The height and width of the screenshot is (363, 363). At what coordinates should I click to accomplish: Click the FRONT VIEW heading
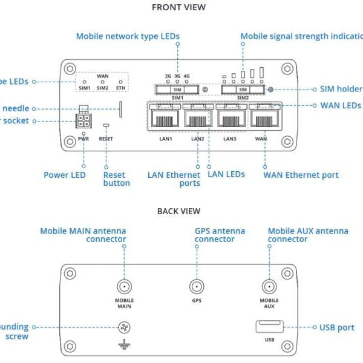[x=178, y=8]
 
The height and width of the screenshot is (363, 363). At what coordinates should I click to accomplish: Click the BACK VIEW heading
[x=178, y=211]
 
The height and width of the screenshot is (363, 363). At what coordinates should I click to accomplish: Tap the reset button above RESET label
[x=106, y=126]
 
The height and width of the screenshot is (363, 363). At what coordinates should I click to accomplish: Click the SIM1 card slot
[x=177, y=90]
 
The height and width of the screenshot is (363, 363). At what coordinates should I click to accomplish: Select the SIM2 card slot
[x=243, y=90]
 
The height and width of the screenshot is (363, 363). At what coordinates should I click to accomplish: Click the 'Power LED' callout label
[x=65, y=175]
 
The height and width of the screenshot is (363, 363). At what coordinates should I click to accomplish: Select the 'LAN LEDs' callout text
[x=226, y=174]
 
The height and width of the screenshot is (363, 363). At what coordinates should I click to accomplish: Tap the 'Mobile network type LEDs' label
[x=128, y=36]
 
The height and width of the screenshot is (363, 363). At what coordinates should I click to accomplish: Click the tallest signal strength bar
[x=262, y=73]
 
